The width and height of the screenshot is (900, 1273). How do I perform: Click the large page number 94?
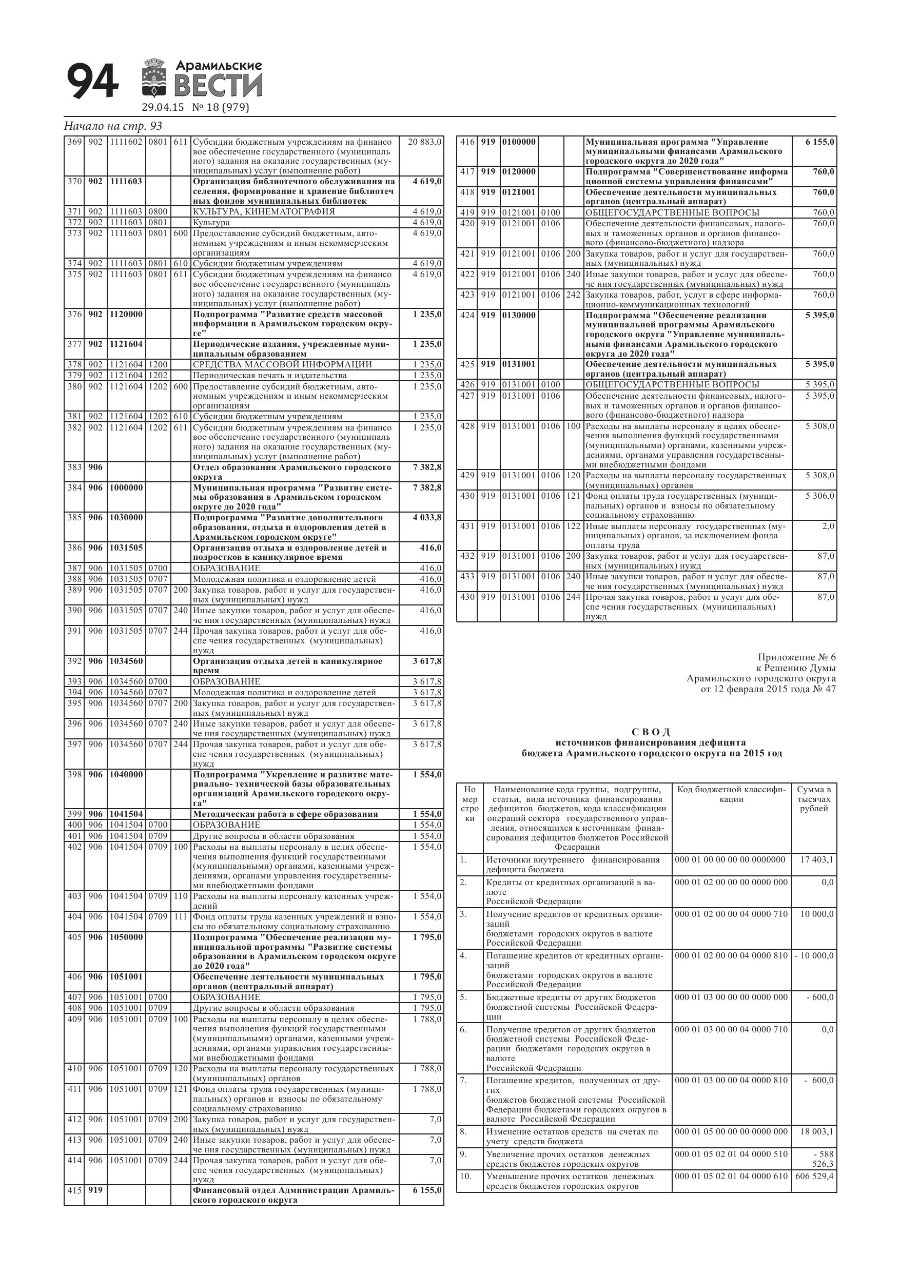92,81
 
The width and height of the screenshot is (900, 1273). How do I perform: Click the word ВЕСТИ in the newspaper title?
219,86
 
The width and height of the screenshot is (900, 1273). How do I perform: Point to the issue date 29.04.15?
163,108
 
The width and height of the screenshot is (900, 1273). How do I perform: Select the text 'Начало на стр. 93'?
113,126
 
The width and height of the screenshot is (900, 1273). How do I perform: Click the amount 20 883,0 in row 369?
425,142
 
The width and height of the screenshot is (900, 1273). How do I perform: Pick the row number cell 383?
74,467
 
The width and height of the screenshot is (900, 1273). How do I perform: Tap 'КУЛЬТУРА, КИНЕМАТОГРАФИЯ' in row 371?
263,211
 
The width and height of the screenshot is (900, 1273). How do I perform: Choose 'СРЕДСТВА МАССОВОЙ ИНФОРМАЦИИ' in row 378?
282,364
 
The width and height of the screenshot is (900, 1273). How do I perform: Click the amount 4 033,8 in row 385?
427,517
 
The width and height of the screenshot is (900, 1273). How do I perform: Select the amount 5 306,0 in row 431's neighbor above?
819,496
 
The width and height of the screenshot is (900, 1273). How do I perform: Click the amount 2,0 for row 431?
828,526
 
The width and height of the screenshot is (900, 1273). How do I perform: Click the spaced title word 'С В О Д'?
651,732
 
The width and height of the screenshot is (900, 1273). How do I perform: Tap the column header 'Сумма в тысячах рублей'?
813,799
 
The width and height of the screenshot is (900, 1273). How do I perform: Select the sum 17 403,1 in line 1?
817,860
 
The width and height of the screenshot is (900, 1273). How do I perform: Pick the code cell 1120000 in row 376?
126,315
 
